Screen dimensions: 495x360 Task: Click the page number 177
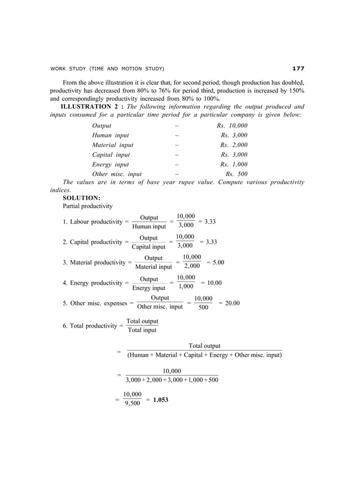tap(298, 69)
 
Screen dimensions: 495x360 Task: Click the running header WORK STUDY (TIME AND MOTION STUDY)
tap(107, 69)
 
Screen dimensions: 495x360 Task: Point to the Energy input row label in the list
tap(111, 164)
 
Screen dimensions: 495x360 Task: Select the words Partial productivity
tap(87, 206)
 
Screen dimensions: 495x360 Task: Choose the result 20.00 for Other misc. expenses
tap(229, 303)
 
